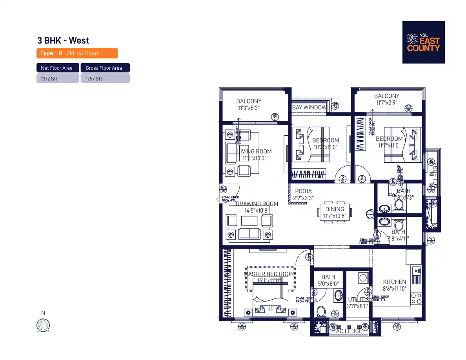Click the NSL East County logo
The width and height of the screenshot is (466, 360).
tap(423, 42)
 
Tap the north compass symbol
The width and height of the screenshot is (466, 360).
tap(43, 325)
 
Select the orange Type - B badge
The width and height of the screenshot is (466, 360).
tap(77, 53)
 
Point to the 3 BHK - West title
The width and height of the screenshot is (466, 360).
tap(63, 40)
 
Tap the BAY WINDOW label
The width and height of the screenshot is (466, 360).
tap(309, 107)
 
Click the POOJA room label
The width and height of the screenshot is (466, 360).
tap(303, 191)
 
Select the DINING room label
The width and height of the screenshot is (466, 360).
tap(335, 209)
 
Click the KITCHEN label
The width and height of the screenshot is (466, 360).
tap(395, 282)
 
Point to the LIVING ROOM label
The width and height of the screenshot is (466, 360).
tap(254, 151)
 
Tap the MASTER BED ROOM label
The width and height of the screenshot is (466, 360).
tap(269, 274)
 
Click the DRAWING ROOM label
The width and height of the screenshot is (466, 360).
tap(257, 204)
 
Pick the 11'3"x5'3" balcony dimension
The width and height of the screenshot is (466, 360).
tap(249, 108)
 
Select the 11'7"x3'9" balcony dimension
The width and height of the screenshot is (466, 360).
tap(387, 103)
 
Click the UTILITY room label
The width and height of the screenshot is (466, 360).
tap(358, 300)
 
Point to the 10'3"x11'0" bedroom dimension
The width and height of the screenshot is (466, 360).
tap(326, 147)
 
